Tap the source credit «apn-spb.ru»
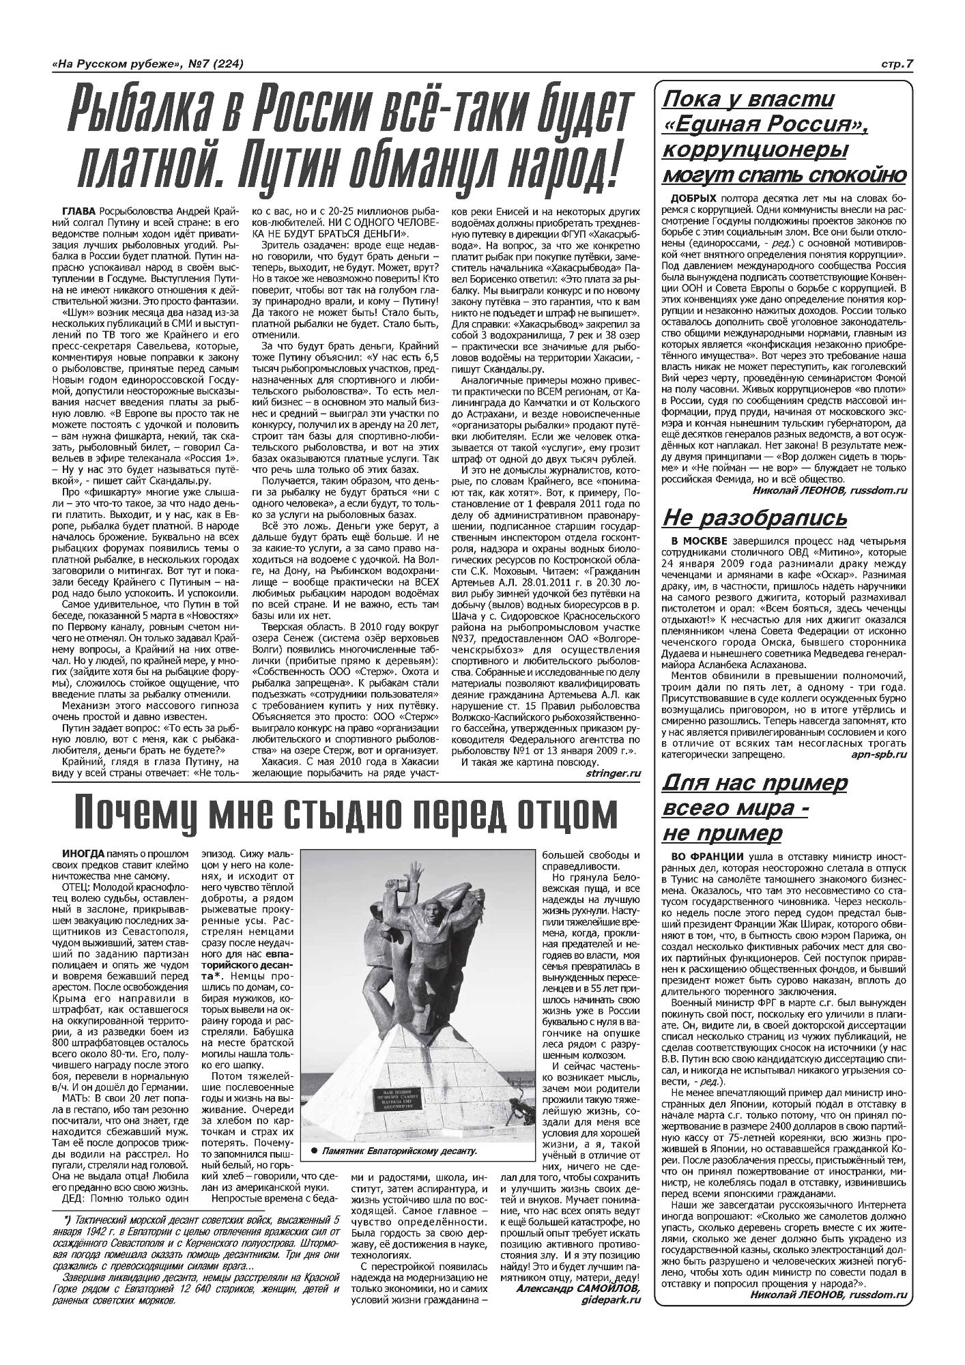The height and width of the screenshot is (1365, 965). (878, 754)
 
